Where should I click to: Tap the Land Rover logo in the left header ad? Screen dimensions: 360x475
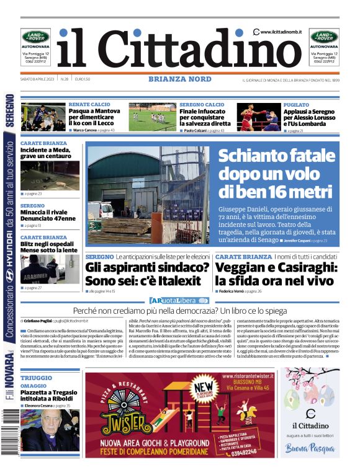(36, 37)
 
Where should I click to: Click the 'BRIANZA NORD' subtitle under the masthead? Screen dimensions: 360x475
(180, 79)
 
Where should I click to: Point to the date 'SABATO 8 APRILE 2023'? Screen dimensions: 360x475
(38, 79)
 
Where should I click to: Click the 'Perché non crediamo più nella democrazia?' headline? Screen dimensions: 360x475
(180, 309)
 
